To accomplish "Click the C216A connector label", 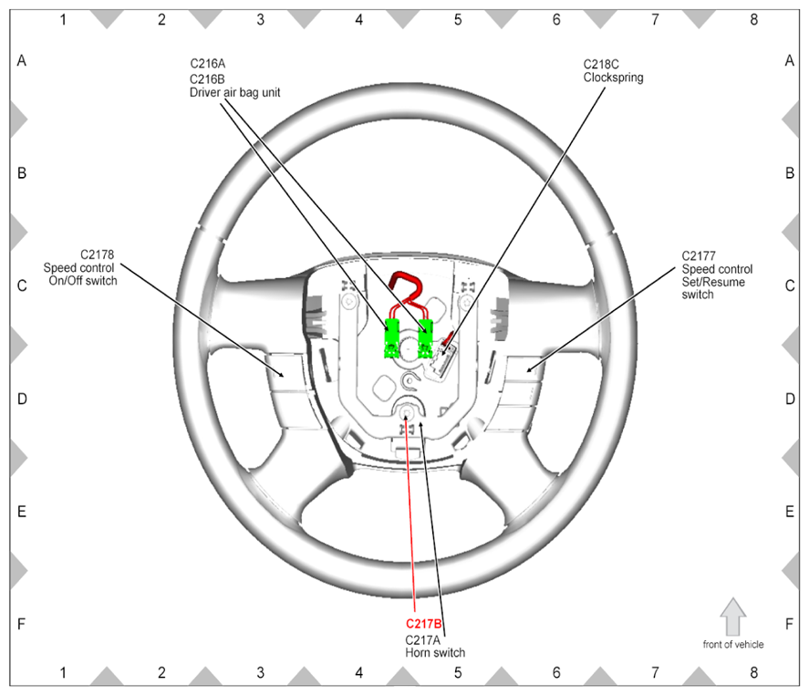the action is point(208,64).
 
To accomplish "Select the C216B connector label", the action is point(207,79).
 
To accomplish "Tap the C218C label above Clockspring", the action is point(601,65).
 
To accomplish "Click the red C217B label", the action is point(423,624).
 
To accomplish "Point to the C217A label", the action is point(422,639).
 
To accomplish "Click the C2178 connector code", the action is point(97,254).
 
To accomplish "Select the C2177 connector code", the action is point(699,256).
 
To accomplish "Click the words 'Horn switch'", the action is point(435,653).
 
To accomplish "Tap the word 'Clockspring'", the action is point(614,78).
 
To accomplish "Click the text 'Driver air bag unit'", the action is point(234,92).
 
